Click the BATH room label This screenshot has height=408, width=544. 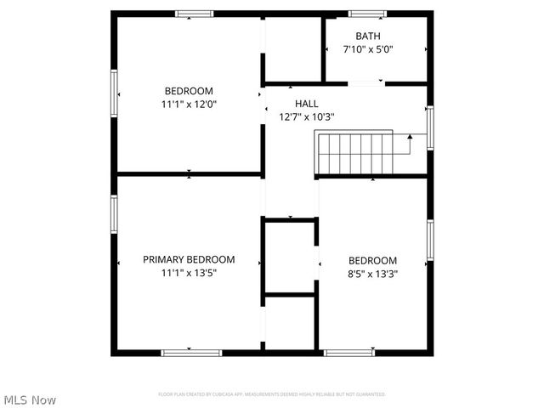point(368,36)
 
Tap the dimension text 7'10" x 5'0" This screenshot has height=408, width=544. point(368,49)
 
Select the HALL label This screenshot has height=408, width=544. point(307,104)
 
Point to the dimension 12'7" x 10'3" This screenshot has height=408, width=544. point(307,117)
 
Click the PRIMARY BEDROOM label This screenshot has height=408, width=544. point(189,259)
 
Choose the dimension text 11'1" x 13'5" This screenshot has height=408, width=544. point(189,273)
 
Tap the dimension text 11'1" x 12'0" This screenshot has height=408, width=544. point(189,105)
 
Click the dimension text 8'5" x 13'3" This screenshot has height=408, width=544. point(372,274)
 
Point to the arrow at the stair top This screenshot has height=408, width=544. point(410,136)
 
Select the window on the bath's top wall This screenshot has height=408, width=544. point(367,14)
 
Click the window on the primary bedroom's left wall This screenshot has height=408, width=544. point(113,212)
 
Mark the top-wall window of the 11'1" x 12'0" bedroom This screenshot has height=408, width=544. point(194,14)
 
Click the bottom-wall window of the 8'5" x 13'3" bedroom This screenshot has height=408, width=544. point(349,352)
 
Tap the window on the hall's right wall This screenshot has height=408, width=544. point(430,127)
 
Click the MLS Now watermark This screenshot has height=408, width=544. point(31,399)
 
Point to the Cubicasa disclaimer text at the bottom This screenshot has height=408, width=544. point(272,394)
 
